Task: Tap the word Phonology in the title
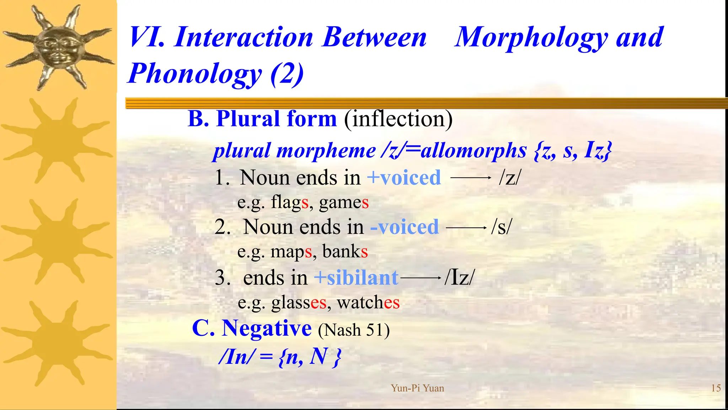coord(195,73)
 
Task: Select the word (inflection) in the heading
coord(398,119)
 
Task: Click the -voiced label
coord(405,227)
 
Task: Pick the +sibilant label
coord(356,278)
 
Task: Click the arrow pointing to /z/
coord(471,178)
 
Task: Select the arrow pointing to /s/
coord(466,227)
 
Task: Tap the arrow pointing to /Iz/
coord(421,278)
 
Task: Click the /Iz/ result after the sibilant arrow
coord(459,277)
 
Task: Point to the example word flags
coord(289,203)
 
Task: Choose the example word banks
coord(345,252)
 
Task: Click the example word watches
coord(368,303)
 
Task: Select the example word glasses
coord(299,303)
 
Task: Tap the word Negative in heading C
coord(267,328)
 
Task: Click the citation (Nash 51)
coord(354,330)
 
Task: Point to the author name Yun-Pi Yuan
coord(417,388)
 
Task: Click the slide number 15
coord(716,388)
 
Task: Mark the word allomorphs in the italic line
coord(473,151)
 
